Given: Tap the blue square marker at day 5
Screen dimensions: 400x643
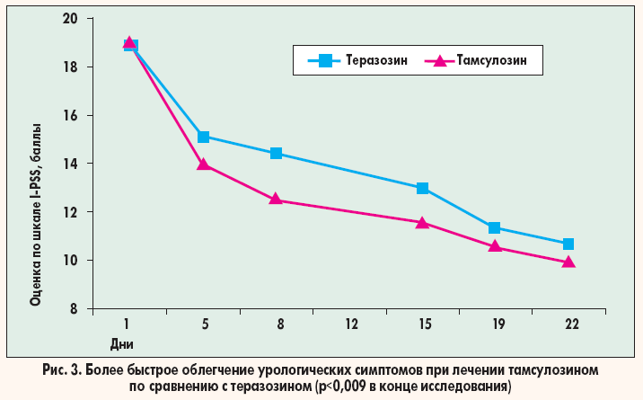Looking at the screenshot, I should [203, 137].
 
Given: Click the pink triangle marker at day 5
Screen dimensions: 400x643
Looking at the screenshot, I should [203, 164].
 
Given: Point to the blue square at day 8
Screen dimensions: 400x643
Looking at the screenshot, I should [276, 154].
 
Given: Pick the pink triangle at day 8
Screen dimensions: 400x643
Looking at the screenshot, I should [276, 200].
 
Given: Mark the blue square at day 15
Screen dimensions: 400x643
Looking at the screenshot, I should [422, 188].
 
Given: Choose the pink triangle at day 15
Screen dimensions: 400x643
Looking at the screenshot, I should [422, 222].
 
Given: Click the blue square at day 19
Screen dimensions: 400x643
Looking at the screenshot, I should [495, 228].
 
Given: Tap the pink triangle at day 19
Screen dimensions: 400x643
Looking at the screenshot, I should [495, 246].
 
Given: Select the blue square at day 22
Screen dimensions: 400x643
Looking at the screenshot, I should [568, 244].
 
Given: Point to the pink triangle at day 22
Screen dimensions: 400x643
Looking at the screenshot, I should [568, 262].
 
